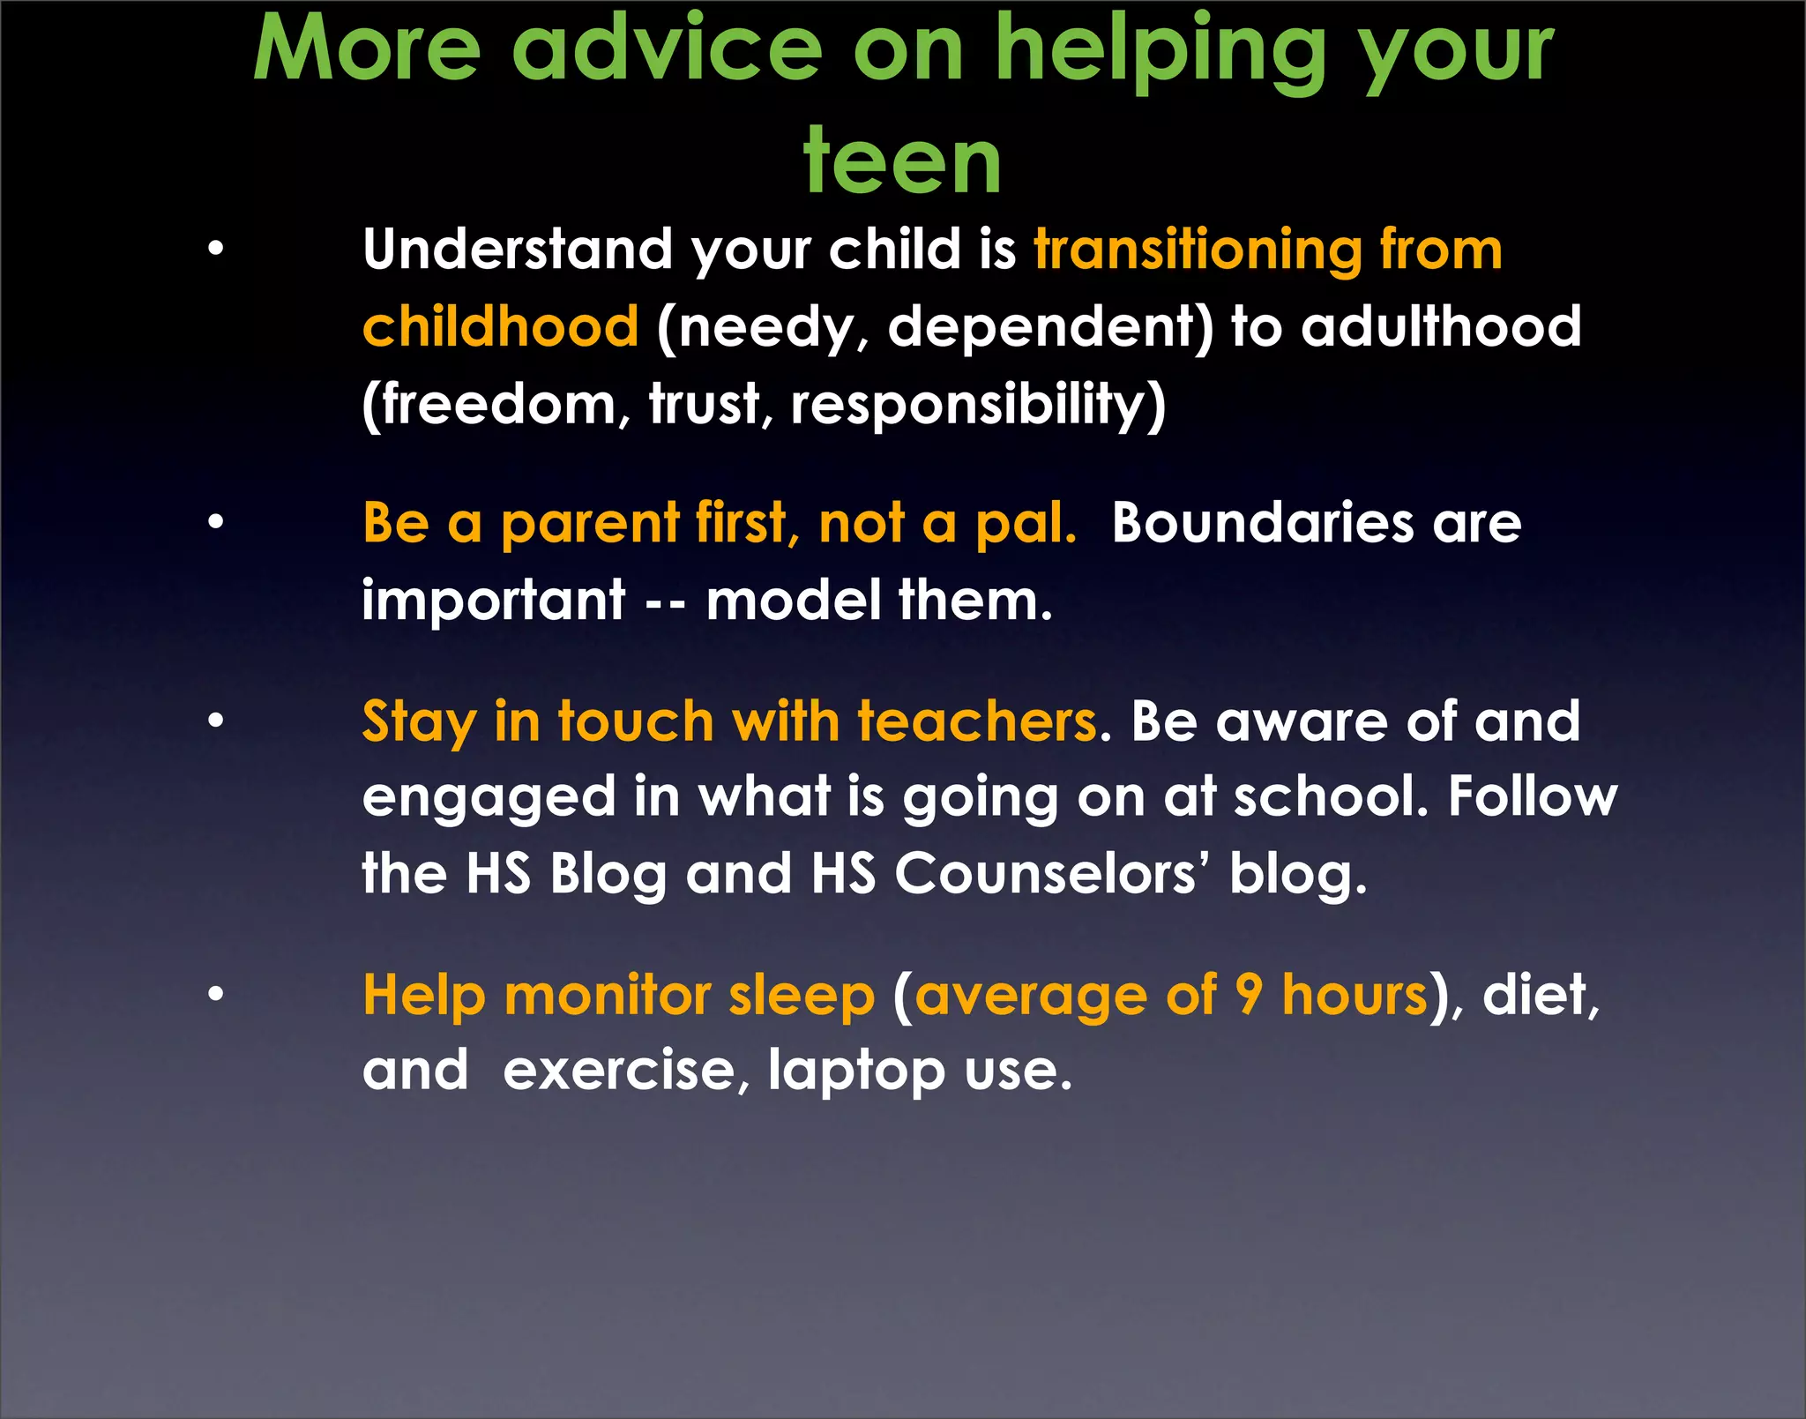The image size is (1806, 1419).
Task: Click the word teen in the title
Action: click(x=902, y=162)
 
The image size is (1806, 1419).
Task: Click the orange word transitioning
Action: click(x=1198, y=250)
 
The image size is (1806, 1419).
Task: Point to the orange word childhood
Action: click(x=500, y=327)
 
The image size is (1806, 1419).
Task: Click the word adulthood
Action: click(x=1442, y=327)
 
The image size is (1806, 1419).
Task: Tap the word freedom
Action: click(x=498, y=406)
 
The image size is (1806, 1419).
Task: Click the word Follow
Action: click(x=1533, y=797)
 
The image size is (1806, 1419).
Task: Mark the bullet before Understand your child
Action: click(x=216, y=250)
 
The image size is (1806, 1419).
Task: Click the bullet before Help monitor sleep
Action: click(x=216, y=996)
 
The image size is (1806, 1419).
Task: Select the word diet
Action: click(x=1539, y=997)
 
